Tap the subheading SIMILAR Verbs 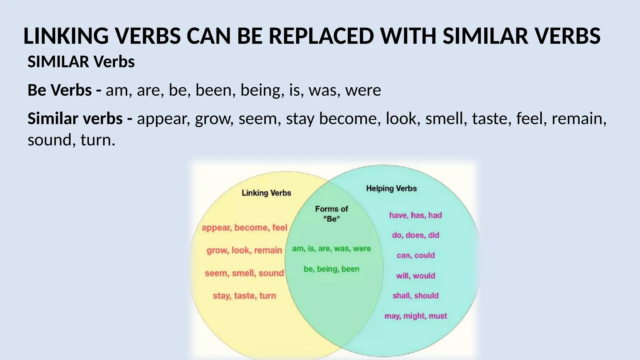[81, 62]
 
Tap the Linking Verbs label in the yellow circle [266, 193]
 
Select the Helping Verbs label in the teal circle [391, 188]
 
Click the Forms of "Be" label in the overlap [331, 214]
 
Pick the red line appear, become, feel [244, 227]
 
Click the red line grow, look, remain [244, 250]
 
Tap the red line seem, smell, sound [244, 273]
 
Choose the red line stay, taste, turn [244, 296]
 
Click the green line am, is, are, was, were [331, 249]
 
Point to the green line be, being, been [331, 269]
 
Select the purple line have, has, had [415, 215]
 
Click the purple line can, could [415, 255]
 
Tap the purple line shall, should [415, 296]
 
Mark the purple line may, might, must [415, 316]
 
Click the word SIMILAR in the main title [485, 36]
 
